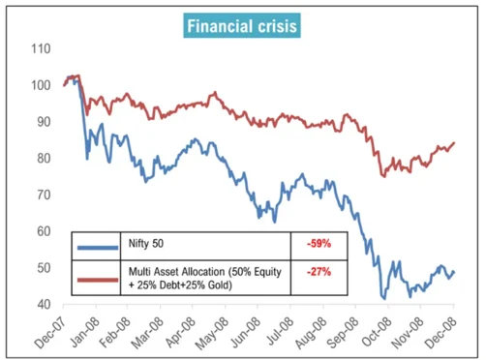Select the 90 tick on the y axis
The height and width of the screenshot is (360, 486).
(44, 122)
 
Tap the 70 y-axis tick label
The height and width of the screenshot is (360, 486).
(44, 195)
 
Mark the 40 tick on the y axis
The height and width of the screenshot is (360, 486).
(44, 304)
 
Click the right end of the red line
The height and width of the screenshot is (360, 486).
(455, 142)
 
